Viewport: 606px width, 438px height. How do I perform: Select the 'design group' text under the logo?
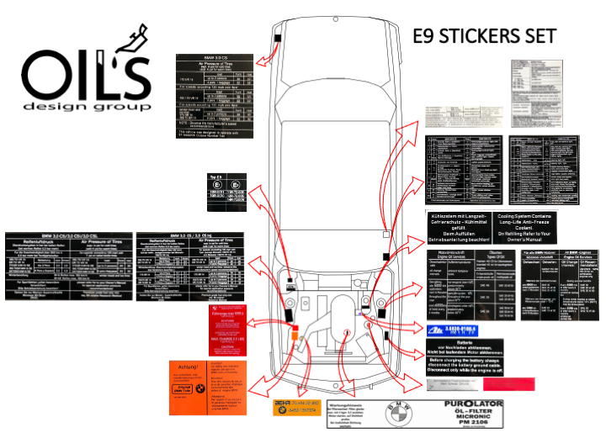click(x=88, y=107)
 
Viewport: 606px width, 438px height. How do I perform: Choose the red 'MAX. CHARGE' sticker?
click(x=231, y=330)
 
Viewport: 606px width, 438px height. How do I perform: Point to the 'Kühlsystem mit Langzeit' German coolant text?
click(x=467, y=226)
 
